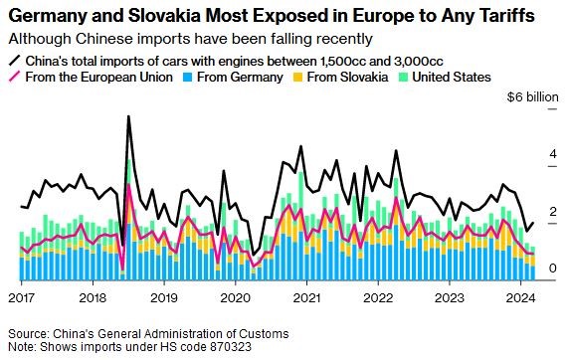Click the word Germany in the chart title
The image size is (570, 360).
47,16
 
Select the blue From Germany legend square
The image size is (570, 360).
188,78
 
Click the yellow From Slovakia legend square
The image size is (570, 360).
297,78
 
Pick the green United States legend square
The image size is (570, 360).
403,78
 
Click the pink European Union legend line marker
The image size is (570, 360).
15,77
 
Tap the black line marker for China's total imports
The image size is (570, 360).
15,61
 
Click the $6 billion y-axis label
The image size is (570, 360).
533,97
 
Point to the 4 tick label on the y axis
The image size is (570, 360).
553,154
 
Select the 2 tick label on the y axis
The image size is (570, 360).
553,211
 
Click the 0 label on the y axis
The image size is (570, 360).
553,269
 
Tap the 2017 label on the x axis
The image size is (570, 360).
22,298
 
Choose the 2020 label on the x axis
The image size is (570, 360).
236,298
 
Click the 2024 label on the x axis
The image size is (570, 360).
521,298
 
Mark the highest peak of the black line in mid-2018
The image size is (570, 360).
128,116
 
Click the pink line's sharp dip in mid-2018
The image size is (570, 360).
122,270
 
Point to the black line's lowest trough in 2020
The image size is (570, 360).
254,255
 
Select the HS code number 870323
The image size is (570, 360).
231,346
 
